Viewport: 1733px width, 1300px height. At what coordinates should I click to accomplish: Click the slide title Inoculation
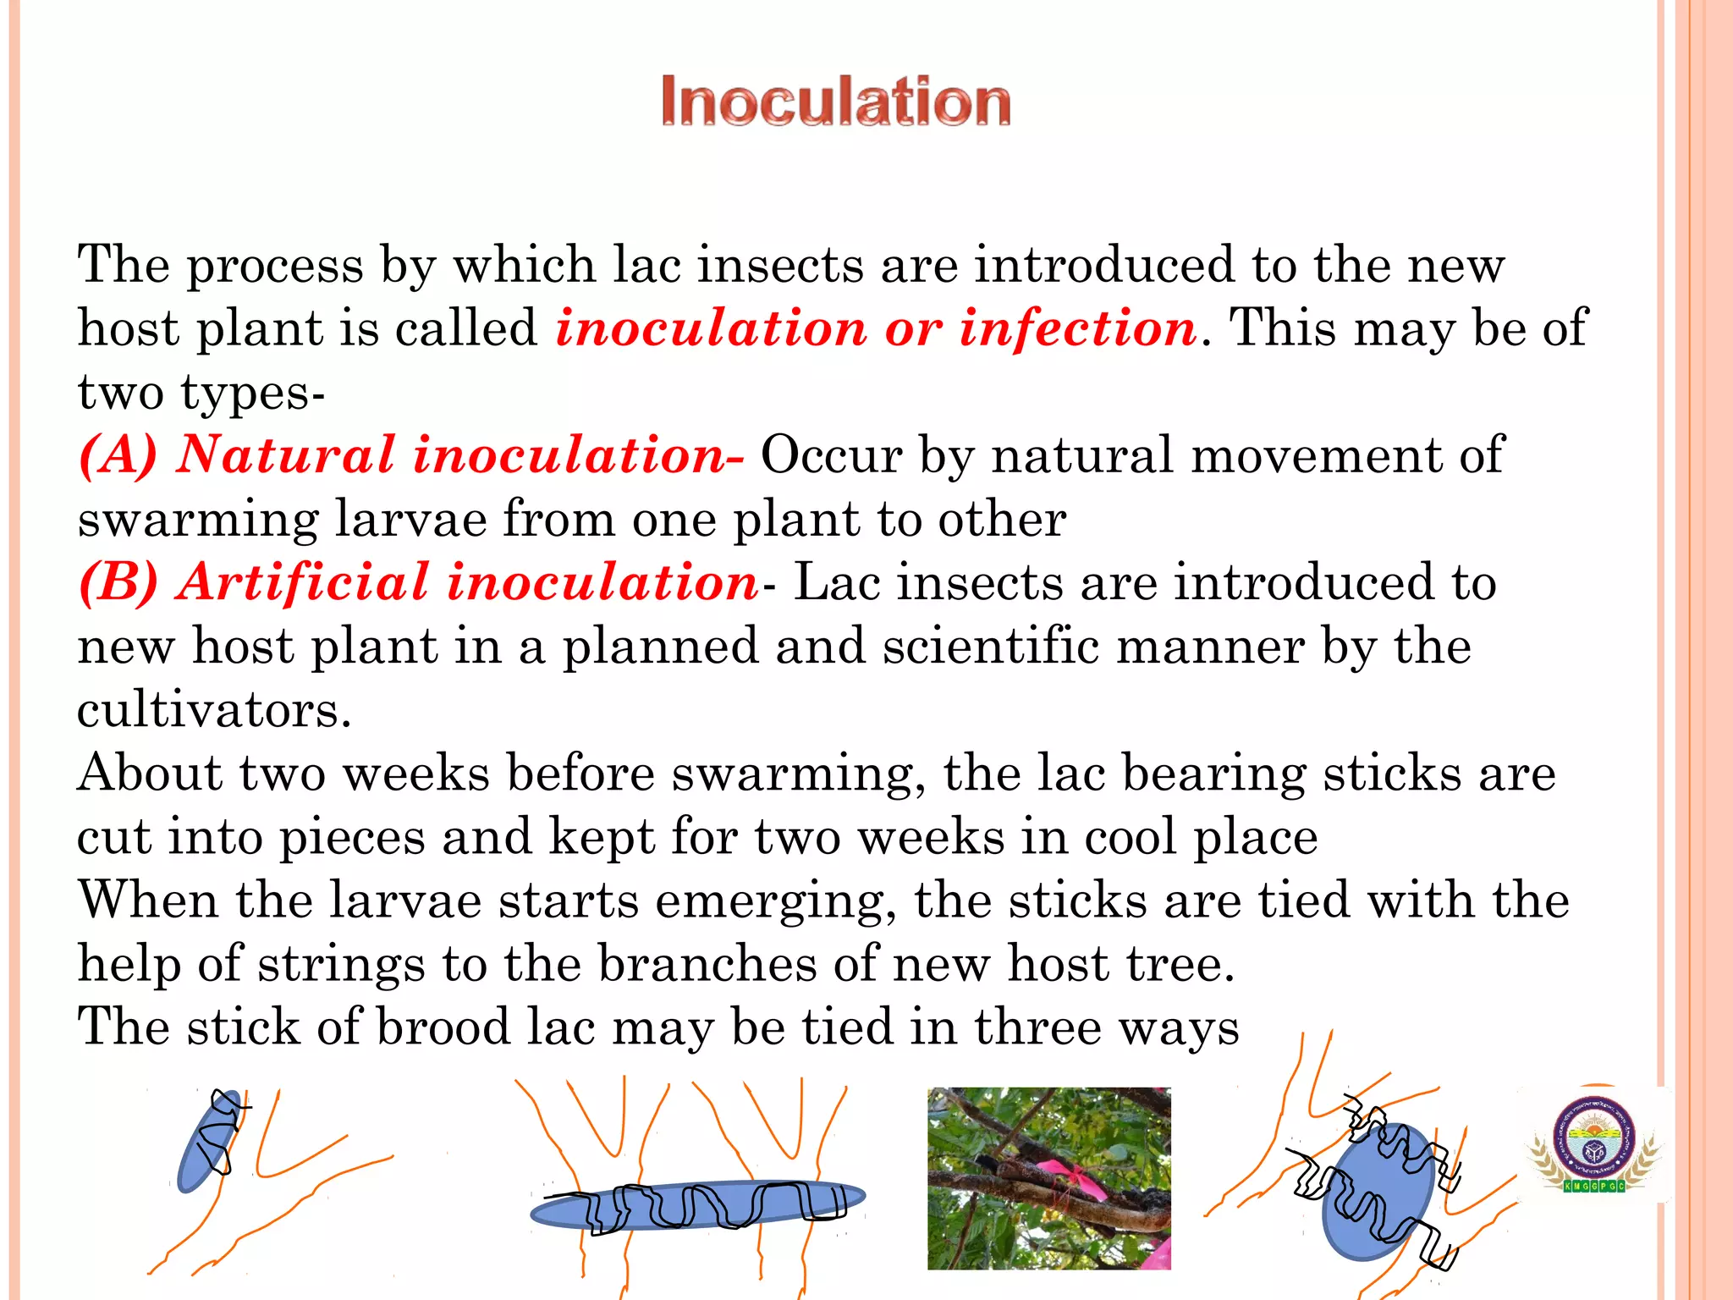click(x=835, y=102)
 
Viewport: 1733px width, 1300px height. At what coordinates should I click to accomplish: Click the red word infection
click(x=1077, y=328)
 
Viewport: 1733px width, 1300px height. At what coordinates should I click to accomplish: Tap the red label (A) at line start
click(x=118, y=455)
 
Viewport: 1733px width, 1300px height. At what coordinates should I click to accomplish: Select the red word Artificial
click(x=303, y=583)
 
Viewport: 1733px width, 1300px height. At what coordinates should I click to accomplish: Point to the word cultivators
click(x=213, y=710)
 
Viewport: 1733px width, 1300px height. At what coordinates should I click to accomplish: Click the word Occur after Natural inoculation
click(x=831, y=455)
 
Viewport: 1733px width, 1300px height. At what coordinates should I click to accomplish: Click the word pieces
click(x=352, y=837)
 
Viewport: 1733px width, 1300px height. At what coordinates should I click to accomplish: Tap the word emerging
click(x=775, y=901)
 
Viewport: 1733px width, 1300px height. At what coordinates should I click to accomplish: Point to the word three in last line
click(x=1038, y=1027)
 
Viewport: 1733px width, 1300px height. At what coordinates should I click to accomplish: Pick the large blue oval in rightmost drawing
click(x=1378, y=1193)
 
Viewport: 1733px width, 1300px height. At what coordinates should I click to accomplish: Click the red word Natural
click(x=286, y=455)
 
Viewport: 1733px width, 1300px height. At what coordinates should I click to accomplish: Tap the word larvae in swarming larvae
click(x=410, y=520)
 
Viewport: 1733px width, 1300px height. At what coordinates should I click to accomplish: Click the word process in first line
click(x=274, y=266)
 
